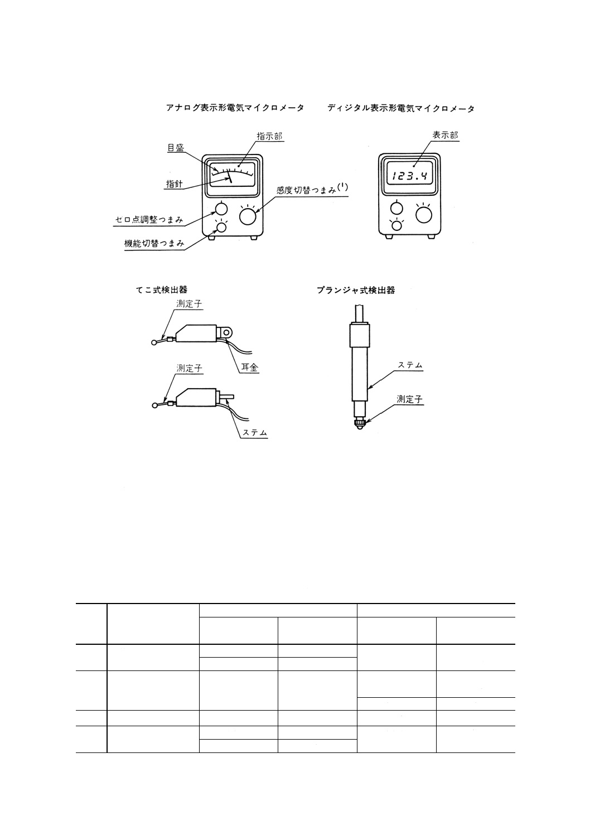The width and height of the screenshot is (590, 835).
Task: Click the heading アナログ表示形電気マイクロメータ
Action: coord(235,108)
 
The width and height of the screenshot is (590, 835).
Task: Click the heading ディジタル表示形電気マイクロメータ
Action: coord(401,108)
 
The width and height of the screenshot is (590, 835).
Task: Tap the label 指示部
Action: coord(269,136)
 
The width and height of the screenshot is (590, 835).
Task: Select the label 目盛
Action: coord(175,148)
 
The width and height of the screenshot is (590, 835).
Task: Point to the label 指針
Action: coord(175,184)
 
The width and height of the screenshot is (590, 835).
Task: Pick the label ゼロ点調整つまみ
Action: coord(149,220)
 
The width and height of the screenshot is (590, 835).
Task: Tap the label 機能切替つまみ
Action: coord(154,244)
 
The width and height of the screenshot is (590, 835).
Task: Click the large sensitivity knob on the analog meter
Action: coord(249,216)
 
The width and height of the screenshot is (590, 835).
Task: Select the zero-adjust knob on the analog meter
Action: coord(221,209)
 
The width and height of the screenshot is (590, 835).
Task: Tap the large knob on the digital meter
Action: coord(424,215)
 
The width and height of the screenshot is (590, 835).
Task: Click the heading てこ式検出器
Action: coord(161,290)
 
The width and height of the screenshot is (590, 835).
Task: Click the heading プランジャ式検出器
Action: coord(356,291)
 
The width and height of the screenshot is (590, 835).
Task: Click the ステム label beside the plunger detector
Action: coord(410,365)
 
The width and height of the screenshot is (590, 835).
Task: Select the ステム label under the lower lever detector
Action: coord(255,433)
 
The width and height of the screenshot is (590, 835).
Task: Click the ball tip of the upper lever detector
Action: coord(154,342)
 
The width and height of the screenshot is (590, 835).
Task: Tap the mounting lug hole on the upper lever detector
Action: coord(227,331)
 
